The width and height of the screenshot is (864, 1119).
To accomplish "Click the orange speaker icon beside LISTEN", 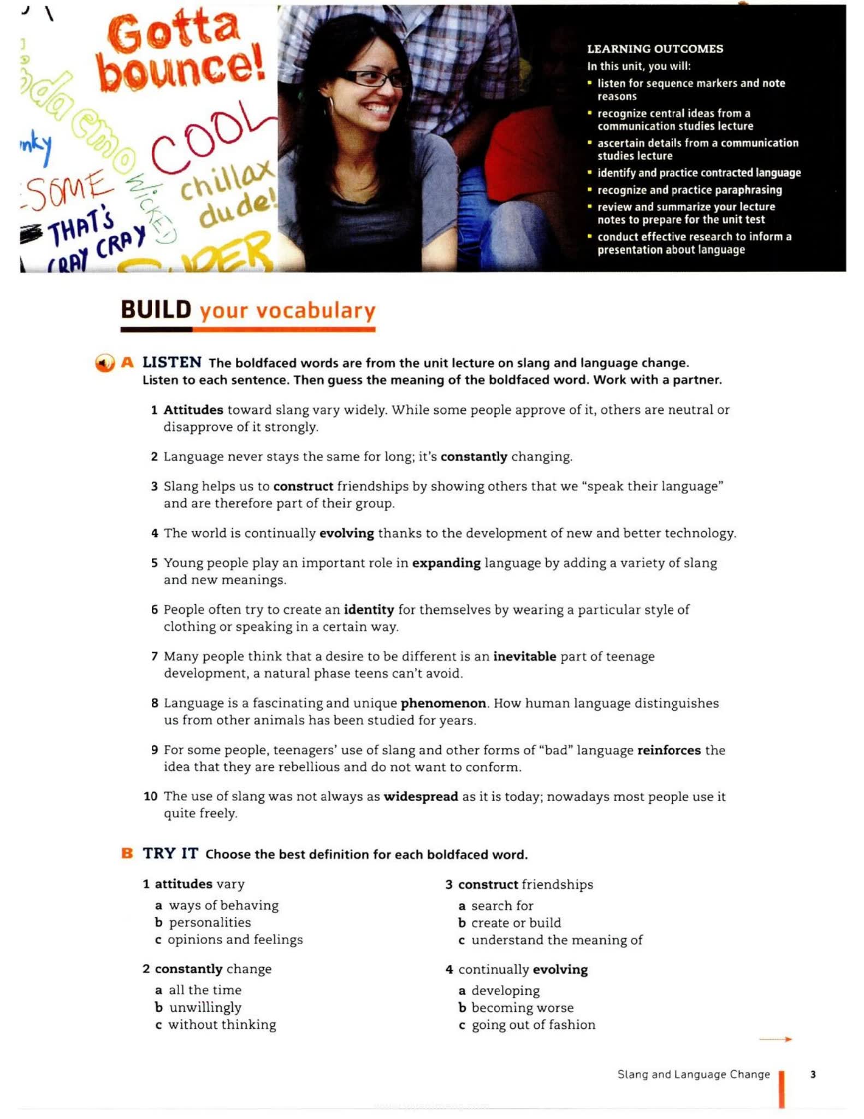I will (x=104, y=363).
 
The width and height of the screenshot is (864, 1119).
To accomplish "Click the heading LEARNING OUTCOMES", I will (x=655, y=49).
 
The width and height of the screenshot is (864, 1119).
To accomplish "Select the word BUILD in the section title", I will (x=156, y=310).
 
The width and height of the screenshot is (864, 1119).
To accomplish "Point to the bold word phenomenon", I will (x=443, y=703).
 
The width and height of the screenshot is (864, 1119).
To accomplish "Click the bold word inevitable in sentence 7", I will (x=524, y=656).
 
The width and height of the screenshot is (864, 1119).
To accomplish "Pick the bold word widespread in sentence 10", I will (x=421, y=797).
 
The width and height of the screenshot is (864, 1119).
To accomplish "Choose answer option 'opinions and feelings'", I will (x=235, y=940).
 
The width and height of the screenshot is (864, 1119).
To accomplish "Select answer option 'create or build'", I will (x=516, y=923).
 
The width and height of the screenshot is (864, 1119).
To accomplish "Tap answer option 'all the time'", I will (x=205, y=990).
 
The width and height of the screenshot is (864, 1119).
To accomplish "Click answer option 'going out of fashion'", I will (x=533, y=1025).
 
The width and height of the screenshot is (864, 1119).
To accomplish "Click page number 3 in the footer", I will (x=813, y=1074).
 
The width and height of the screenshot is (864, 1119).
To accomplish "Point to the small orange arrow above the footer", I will (x=776, y=1039).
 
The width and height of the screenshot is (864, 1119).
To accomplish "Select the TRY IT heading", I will (x=170, y=853).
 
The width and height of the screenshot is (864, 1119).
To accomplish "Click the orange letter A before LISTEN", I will (x=127, y=362).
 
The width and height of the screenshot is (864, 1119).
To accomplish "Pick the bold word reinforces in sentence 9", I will (x=668, y=750).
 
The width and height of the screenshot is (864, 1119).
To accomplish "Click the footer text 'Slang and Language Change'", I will (x=693, y=1074).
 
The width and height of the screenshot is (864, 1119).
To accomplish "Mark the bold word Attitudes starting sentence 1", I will (x=193, y=410).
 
